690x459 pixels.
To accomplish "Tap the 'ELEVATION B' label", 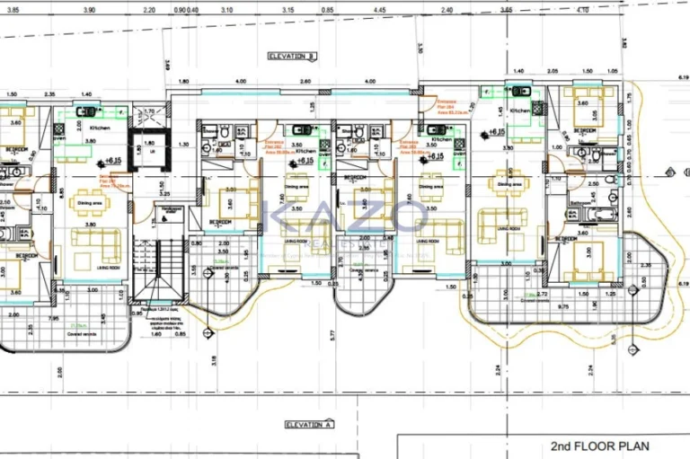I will (x=292, y=56).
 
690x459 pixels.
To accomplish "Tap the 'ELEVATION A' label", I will (x=309, y=423).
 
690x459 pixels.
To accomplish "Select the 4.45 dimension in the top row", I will (x=381, y=10).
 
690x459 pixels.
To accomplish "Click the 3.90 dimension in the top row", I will (x=89, y=10).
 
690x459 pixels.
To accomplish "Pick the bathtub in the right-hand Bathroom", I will (x=584, y=213).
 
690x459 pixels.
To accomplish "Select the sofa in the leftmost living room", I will (x=97, y=243).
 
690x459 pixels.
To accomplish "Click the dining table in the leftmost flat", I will (x=88, y=202).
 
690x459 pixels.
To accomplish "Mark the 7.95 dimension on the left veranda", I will (x=56, y=317).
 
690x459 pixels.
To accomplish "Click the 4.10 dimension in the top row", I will (x=582, y=10).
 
